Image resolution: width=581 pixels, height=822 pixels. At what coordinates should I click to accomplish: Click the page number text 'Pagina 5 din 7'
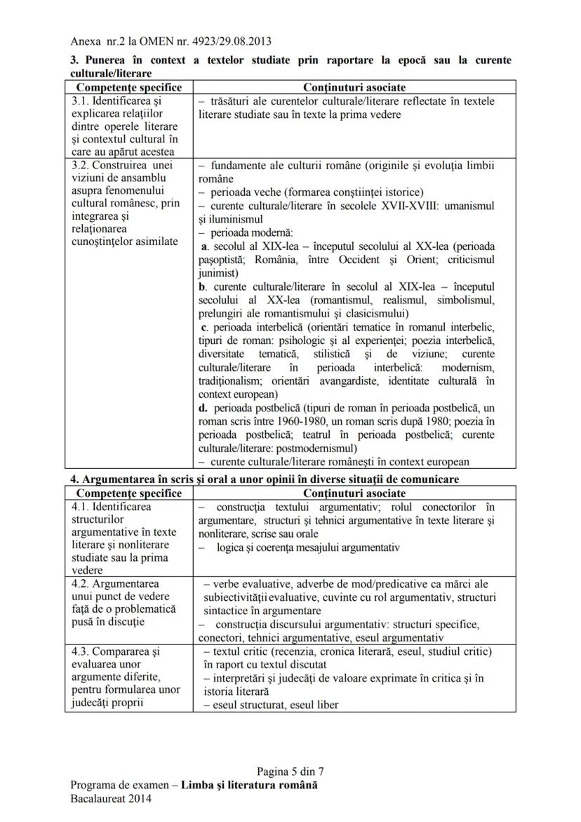click(290, 771)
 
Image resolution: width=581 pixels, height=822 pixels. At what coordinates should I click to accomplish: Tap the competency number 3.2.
click(81, 166)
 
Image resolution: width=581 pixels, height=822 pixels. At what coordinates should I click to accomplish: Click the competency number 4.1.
click(81, 507)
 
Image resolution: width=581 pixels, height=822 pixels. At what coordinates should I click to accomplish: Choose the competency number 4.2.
click(81, 584)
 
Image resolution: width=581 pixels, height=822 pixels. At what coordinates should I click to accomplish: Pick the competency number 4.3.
click(81, 651)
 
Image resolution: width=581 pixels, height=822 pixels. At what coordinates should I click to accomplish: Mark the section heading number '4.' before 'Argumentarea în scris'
click(74, 479)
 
